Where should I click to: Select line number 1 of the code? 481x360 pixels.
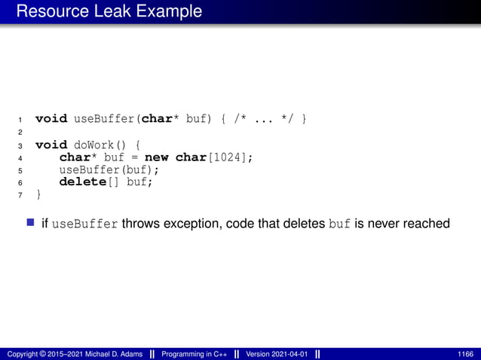20,120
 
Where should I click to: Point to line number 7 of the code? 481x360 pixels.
20,195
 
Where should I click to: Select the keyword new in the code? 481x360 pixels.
157,157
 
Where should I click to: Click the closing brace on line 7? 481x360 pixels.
38,194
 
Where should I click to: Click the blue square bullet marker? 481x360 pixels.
31,224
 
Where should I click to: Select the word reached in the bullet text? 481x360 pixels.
427,224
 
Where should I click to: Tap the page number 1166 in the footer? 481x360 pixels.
465,354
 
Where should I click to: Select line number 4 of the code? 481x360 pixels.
20,157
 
